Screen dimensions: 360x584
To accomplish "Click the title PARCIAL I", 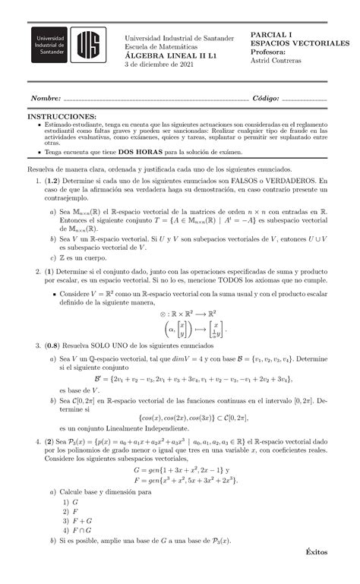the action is click(271, 34).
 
